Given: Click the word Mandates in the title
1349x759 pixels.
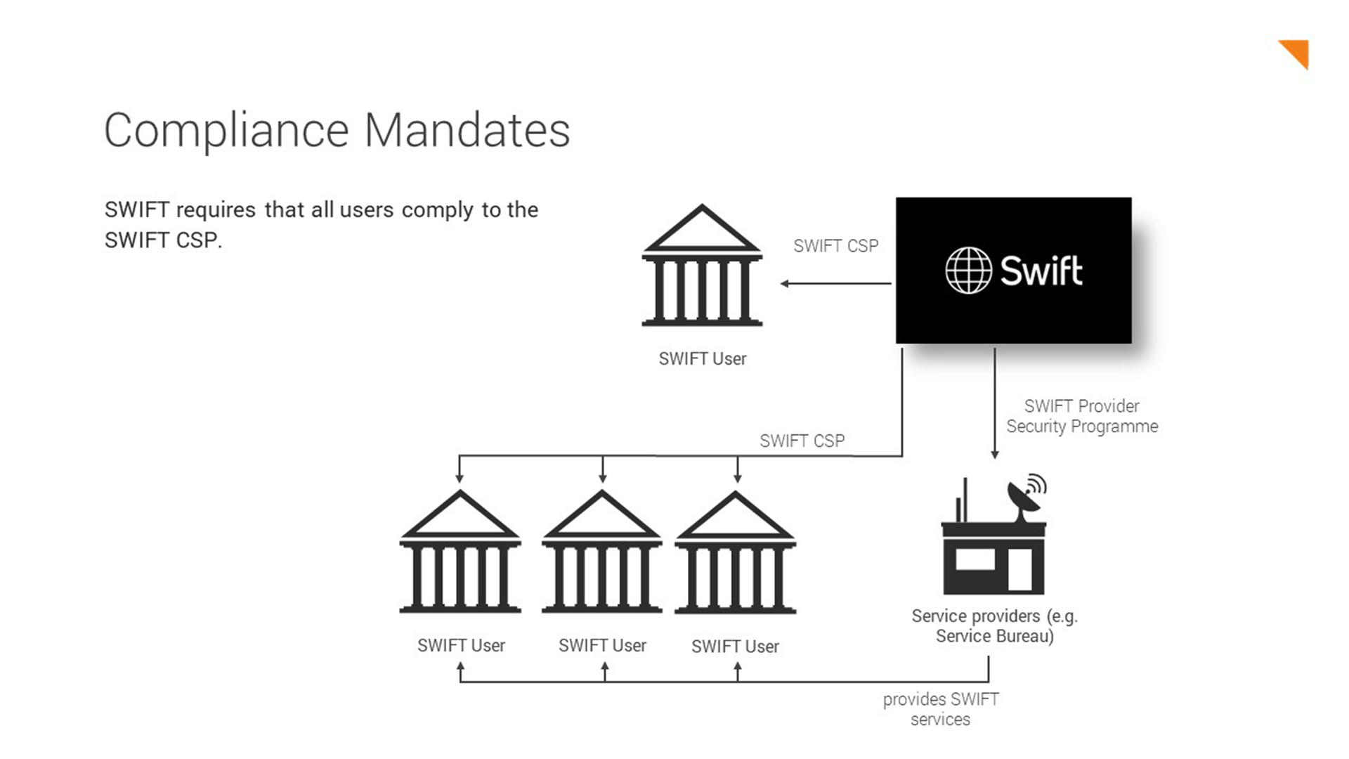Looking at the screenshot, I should [467, 131].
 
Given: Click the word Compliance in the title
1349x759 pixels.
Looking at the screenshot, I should [226, 131].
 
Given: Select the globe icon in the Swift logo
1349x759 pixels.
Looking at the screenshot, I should [968, 271].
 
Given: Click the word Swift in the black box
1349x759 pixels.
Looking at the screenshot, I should [1041, 271].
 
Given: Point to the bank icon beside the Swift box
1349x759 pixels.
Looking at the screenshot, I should [702, 267].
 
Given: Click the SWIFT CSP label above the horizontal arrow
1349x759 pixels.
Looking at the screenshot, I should [835, 246].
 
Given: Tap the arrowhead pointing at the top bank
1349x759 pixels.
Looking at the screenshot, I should [785, 284].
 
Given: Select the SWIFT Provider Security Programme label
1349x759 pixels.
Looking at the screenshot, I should [1082, 416].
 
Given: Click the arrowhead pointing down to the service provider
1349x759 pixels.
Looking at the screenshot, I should [994, 455].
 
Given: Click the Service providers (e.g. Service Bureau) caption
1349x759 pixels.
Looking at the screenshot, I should [994, 625].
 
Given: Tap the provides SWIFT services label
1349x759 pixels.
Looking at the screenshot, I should [940, 709].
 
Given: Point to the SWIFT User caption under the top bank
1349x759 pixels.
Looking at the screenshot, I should [702, 359].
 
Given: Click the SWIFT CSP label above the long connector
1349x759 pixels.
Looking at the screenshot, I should [802, 441].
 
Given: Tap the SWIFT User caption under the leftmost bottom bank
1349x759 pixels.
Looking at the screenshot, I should [461, 646].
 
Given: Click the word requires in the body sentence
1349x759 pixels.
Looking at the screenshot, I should [216, 210].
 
